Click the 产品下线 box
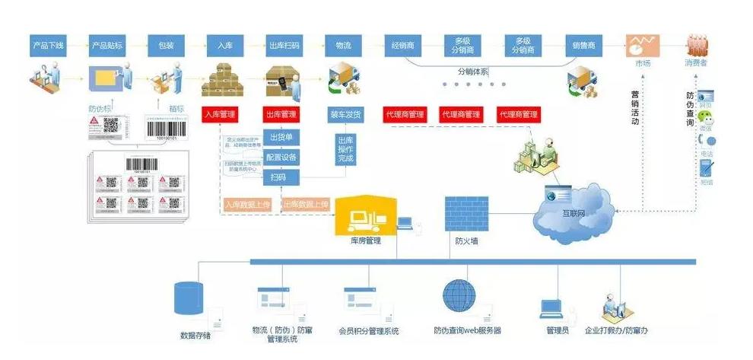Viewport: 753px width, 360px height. pos(49,46)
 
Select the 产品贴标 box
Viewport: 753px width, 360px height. pos(108,46)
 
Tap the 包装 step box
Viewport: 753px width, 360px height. pos(166,46)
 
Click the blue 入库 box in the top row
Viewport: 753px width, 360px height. pos(225,46)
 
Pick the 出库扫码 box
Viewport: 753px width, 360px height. pos(284,46)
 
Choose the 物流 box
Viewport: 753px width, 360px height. pos(342,46)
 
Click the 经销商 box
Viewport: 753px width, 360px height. pos(402,46)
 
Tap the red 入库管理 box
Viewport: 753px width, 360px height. pos(221,114)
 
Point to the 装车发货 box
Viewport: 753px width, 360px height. pos(345,114)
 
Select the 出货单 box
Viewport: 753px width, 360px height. pos(281,138)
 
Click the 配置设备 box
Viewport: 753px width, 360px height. pos(281,158)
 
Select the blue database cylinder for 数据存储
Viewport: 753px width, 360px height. pos(189,298)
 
